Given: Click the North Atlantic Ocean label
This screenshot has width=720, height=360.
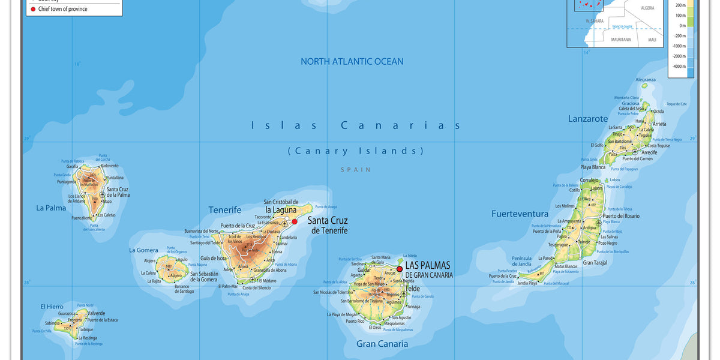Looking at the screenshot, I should [x=352, y=61].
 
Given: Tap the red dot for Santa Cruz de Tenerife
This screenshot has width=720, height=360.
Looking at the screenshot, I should [x=295, y=221].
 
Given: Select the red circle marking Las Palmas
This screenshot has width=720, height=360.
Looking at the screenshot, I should [x=400, y=269].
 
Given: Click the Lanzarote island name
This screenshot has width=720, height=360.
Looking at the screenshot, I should [x=588, y=119].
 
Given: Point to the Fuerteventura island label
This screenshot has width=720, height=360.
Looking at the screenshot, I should [x=520, y=214].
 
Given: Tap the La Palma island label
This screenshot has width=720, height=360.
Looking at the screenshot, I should [x=51, y=208].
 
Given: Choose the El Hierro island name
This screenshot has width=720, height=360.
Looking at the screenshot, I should [x=52, y=307].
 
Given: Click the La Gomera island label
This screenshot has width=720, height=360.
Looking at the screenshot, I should [x=144, y=250].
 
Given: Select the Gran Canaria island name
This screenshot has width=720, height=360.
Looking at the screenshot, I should [x=382, y=344].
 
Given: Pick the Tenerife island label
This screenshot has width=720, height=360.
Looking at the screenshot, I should [x=225, y=210].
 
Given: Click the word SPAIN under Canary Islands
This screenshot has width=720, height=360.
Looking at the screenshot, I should [x=356, y=170].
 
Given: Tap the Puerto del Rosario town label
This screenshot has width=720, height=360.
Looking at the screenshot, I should [x=621, y=216].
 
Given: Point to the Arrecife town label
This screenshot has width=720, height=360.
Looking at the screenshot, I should [x=649, y=152].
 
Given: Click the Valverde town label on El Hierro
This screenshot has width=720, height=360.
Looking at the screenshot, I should [x=96, y=313].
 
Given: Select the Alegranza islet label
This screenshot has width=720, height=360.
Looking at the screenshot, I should [x=646, y=80].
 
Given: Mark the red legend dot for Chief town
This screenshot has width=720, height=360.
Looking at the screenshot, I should [x=33, y=9].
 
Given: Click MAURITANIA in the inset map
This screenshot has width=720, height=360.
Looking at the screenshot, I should [x=621, y=40].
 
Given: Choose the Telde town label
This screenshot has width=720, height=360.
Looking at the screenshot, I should [x=412, y=289].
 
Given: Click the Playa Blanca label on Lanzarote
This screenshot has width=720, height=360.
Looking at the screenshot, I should [x=593, y=167].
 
